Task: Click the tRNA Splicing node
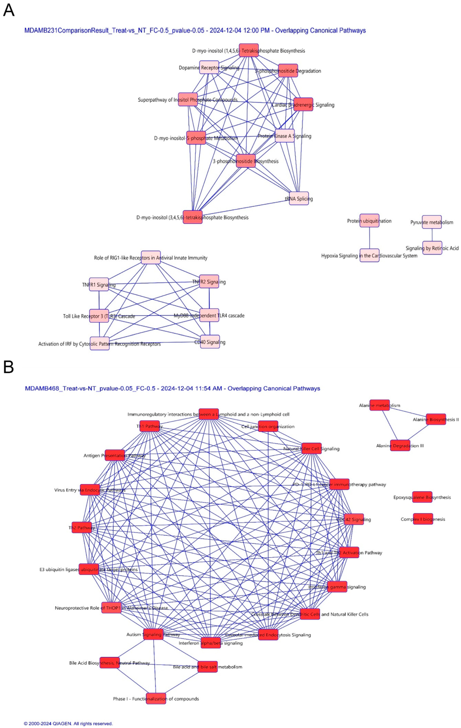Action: [x=299, y=198]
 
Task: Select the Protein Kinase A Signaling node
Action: [x=284, y=136]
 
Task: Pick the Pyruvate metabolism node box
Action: [x=432, y=222]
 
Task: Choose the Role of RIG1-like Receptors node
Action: [x=151, y=257]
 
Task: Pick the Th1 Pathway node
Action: [x=149, y=426]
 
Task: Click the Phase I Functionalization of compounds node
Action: [x=156, y=698]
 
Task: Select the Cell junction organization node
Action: [x=268, y=426]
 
